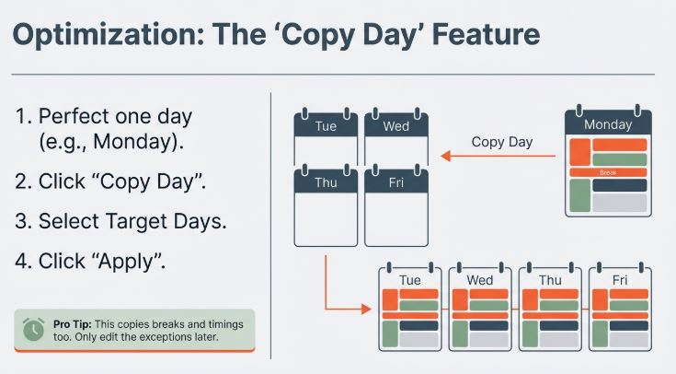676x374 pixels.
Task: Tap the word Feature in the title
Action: point(486,34)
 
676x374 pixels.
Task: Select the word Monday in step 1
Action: point(134,142)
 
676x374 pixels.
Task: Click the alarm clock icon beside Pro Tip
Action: point(33,330)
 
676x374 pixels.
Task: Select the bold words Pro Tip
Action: point(72,324)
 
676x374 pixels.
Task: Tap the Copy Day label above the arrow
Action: point(502,142)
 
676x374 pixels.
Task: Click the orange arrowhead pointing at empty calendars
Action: point(446,156)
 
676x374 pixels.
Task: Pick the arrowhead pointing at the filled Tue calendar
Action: point(366,309)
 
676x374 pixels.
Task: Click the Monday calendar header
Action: point(608,124)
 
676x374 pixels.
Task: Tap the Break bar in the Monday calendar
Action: point(608,173)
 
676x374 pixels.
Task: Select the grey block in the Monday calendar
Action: point(620,203)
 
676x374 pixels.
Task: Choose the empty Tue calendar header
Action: point(326,125)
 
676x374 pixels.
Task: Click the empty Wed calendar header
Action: point(396,125)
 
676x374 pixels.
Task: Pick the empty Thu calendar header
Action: point(326,181)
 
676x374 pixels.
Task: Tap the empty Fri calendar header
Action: point(396,181)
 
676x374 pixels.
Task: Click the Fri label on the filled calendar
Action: point(620,280)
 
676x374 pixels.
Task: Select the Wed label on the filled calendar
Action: point(480,280)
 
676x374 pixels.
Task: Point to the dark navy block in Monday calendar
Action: point(620,185)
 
